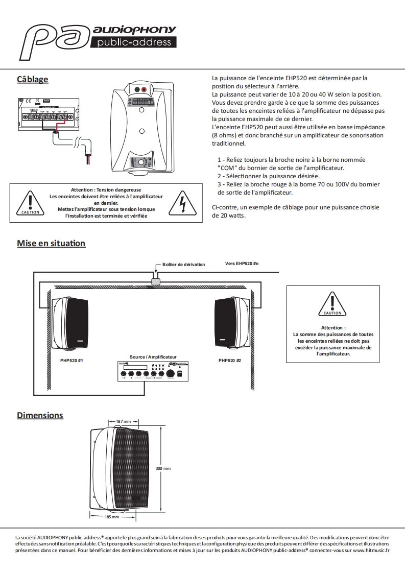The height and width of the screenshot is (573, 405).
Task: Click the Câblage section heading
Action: (33, 79)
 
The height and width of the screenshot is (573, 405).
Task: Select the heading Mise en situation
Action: (51, 243)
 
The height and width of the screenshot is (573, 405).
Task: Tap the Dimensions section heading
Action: (40, 415)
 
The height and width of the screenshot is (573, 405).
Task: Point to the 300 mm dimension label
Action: (163, 468)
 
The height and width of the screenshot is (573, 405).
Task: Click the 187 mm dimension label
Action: (124, 421)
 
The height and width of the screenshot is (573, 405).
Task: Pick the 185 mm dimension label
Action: (111, 517)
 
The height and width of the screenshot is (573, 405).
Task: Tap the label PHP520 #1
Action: (72, 360)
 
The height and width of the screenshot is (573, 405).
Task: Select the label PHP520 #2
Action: (230, 360)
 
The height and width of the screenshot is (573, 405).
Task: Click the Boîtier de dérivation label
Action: (183, 265)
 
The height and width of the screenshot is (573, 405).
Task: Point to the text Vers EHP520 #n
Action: (242, 264)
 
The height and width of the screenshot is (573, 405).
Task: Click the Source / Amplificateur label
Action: (153, 357)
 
